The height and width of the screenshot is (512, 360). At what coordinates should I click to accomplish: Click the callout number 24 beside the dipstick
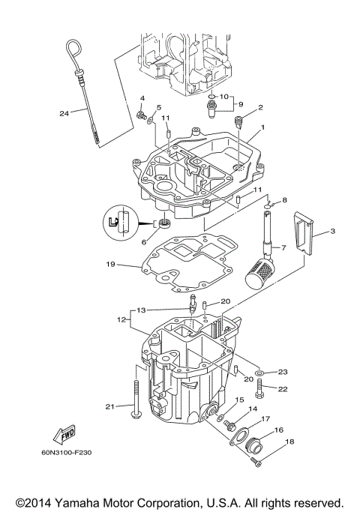point(64,114)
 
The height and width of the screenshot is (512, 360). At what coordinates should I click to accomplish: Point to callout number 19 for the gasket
point(110,265)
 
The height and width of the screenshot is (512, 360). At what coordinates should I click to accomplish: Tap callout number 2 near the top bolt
point(260,107)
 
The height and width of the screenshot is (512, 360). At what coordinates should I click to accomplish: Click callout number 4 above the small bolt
point(142,99)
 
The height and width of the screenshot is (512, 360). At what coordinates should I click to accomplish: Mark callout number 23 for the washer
point(283,372)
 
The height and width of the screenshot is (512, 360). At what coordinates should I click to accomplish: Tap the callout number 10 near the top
point(223,96)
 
